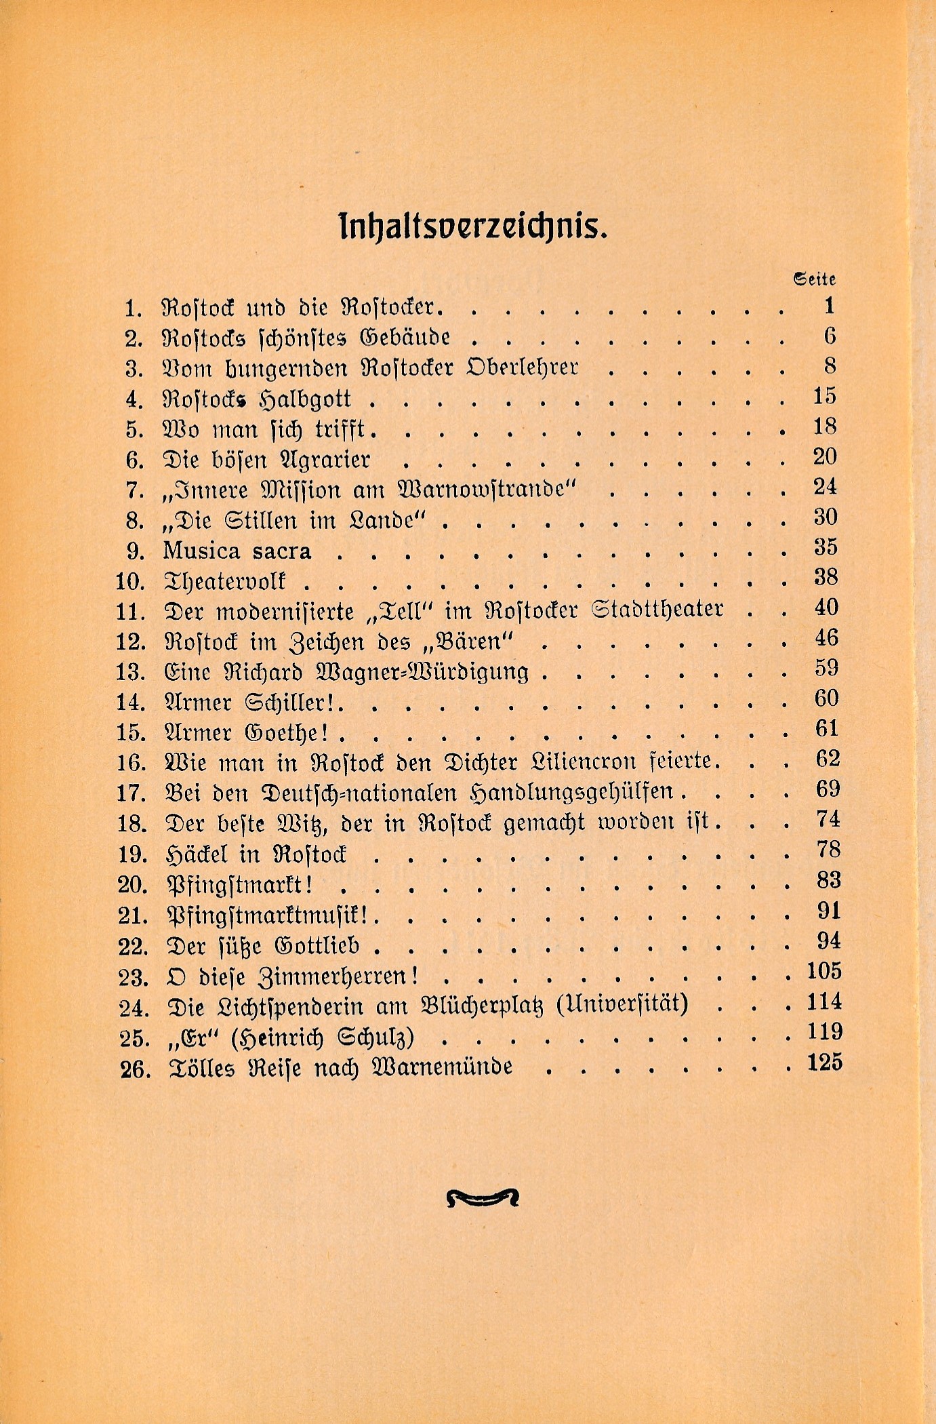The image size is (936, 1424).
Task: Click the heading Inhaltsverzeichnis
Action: click(x=472, y=228)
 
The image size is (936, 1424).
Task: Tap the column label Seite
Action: click(x=814, y=279)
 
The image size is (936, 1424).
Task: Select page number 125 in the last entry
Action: click(x=824, y=1062)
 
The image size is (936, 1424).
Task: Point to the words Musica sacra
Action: click(x=237, y=551)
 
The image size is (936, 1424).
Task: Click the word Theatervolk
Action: click(x=225, y=581)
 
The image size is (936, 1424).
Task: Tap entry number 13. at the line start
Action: click(x=131, y=672)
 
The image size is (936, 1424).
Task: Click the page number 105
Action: click(x=823, y=971)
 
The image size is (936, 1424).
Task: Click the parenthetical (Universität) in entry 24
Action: click(x=622, y=1003)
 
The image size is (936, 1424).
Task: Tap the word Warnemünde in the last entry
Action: click(x=443, y=1067)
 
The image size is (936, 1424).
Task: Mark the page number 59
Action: click(x=826, y=668)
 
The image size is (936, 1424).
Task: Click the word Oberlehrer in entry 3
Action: click(x=523, y=368)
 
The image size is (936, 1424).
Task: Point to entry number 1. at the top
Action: click(x=134, y=309)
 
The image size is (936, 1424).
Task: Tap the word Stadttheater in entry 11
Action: click(x=657, y=609)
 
